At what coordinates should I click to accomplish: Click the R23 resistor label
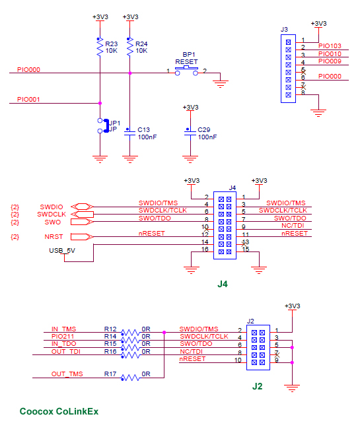coord(112,44)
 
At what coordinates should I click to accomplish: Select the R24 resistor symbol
coord(129,48)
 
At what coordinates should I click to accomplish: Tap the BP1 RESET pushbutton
coord(186,69)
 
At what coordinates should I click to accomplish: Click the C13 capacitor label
coord(145,129)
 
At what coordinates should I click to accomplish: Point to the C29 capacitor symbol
coord(190,133)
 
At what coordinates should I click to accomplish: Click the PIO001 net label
coord(28,100)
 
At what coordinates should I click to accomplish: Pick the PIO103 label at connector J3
coord(330,46)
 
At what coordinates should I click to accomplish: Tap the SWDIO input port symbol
coord(83,207)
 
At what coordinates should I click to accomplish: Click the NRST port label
coord(54,236)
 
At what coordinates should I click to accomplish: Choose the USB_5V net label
coord(63,251)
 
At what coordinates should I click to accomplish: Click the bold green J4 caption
coord(223,284)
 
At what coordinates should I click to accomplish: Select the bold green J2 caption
coord(257,386)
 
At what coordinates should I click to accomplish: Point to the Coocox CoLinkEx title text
coord(59,411)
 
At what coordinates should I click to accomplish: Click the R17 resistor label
coord(110,374)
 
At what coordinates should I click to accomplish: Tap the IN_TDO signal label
coord(64,343)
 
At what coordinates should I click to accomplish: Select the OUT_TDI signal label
coord(67,351)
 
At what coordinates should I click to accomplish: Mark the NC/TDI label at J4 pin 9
coord(293,225)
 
